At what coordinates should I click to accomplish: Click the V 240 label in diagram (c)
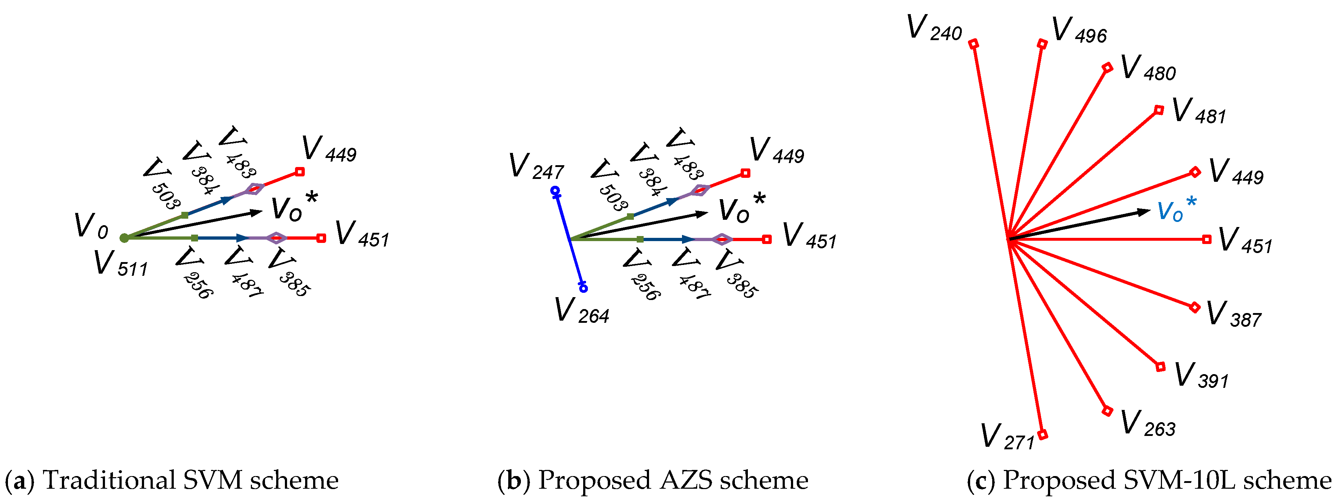pos(934,29)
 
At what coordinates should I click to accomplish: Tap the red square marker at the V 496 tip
pos(1042,44)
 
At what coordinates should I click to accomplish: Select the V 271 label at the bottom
pos(1007,437)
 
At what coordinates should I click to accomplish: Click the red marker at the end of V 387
pos(1195,307)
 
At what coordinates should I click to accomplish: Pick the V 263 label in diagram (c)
pos(1147,424)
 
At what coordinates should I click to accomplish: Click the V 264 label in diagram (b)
pos(581,311)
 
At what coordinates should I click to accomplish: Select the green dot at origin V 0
pos(124,238)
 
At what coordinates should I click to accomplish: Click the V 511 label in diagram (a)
pos(121,264)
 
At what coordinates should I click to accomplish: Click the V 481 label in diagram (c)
pos(1199,111)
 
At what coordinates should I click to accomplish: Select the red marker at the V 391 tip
pos(1160,367)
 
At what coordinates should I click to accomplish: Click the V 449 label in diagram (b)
pos(776,151)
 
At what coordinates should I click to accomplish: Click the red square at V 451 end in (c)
pos(1207,239)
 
